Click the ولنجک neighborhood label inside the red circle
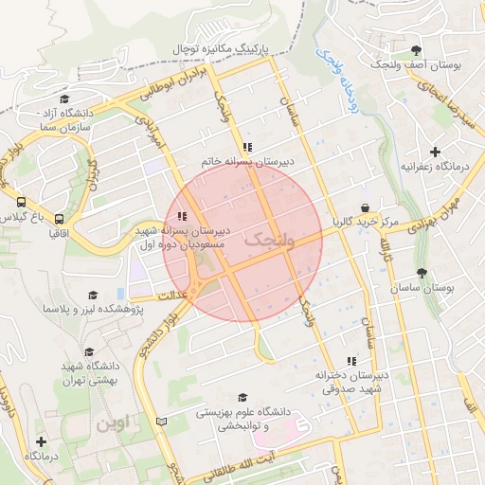point(269,242)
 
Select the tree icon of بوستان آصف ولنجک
point(417,50)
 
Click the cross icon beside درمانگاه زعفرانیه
point(435,152)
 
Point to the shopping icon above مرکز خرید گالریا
point(365,207)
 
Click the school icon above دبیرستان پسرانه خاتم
point(247,147)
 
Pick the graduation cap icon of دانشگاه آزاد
point(64,99)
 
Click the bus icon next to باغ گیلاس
point(21,202)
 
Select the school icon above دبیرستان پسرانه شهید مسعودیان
point(182,216)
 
